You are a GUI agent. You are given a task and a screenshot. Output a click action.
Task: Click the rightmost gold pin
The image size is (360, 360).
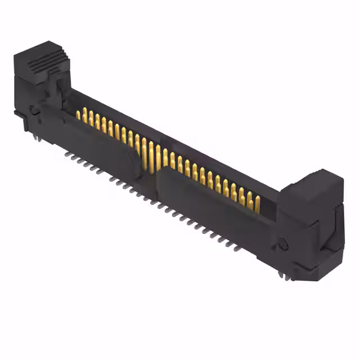click(258, 204)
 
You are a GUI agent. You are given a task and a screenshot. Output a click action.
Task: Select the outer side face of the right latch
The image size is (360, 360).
click(332, 225)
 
